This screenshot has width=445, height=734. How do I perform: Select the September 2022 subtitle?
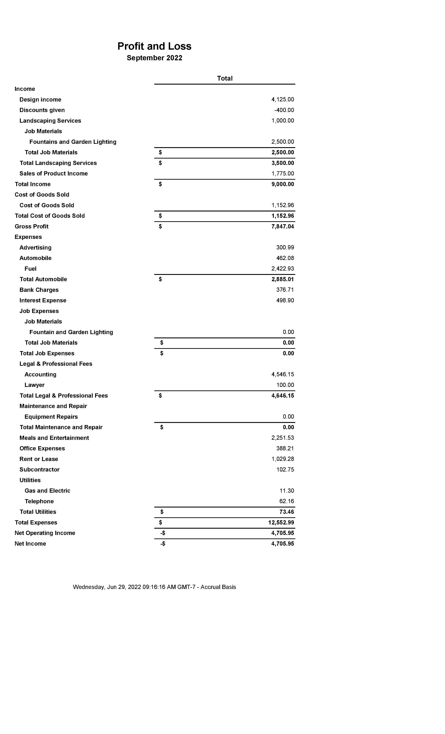pyautogui.click(x=154, y=58)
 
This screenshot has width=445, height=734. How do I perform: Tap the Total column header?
pyautogui.click(x=225, y=78)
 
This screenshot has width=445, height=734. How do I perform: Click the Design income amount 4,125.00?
pyautogui.click(x=282, y=99)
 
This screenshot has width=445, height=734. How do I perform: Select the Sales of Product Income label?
pyautogui.click(x=54, y=173)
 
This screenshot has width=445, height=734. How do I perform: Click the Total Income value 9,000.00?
pyautogui.click(x=282, y=184)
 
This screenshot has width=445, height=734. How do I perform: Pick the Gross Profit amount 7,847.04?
pyautogui.click(x=282, y=226)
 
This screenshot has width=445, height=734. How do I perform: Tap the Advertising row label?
pyautogui.click(x=35, y=247)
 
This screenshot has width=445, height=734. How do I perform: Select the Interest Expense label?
pyautogui.click(x=43, y=300)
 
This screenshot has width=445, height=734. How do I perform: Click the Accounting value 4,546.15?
pyautogui.click(x=282, y=375)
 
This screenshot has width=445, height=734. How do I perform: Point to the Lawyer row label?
pyautogui.click(x=35, y=385)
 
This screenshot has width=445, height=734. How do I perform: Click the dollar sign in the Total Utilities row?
pyautogui.click(x=162, y=512)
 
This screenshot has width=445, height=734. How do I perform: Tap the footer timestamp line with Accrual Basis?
pyautogui.click(x=154, y=587)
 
